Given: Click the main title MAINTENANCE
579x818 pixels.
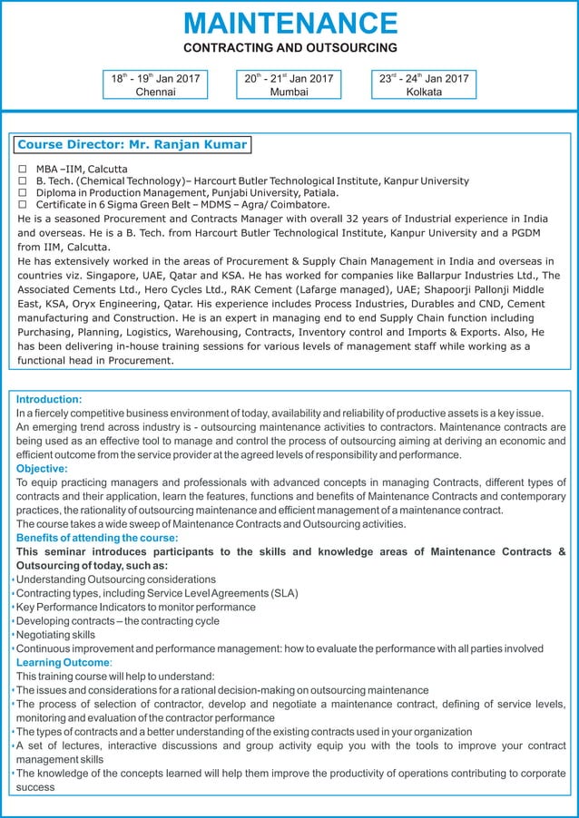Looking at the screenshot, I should coord(289,23).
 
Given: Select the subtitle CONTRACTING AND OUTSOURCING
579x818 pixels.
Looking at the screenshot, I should coord(289,47).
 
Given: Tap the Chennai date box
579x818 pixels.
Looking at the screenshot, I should coord(155,84).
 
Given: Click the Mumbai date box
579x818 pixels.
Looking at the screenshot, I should coord(289,84).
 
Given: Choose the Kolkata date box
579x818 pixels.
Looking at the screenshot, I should coord(424,84).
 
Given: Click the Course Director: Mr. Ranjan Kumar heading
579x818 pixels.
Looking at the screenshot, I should coord(132,144).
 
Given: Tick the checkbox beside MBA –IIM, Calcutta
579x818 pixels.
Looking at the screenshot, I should coord(23,169).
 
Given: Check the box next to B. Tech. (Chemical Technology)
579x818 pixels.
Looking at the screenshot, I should coord(23,181).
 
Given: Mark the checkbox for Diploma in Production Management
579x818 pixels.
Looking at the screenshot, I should coord(23,193).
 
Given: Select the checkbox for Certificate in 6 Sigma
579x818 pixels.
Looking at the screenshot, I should coord(23,205).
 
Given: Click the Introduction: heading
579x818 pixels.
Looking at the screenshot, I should coord(49,399).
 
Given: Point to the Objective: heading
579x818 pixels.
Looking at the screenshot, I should coord(42,469).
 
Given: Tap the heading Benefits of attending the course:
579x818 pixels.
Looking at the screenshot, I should coord(97,538).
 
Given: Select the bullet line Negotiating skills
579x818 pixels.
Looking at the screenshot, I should coord(55,635).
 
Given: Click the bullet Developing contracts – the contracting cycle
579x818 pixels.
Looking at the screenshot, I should coord(118,621).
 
